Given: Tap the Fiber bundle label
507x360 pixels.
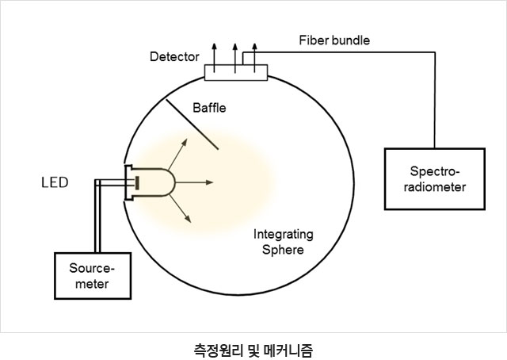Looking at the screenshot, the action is coord(334,40).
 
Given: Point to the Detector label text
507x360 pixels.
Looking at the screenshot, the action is coord(174,56).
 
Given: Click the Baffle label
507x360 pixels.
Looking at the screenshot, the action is coord(209,108).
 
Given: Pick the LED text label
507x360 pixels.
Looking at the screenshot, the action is coord(55,182).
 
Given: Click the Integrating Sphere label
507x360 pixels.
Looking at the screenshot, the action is coord(284,242).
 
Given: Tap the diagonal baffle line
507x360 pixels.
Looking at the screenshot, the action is coord(192,124).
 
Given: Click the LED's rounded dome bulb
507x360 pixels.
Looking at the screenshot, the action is coord(168,182).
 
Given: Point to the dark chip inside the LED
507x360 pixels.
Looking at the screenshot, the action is coord(137,182).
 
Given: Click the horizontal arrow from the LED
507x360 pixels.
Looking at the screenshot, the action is coord(194,182).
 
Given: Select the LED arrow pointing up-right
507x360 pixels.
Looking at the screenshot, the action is coord(177,154).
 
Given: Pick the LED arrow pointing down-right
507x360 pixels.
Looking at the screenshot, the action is coord(180,209).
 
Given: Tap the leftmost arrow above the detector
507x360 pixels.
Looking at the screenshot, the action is coord(214,58).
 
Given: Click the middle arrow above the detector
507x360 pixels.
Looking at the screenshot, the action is coord(235,58).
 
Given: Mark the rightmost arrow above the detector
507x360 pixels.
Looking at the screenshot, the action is coord(254,58).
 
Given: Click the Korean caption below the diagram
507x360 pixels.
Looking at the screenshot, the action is coord(253,350).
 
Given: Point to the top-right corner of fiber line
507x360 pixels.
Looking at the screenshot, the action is coord(435,52).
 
